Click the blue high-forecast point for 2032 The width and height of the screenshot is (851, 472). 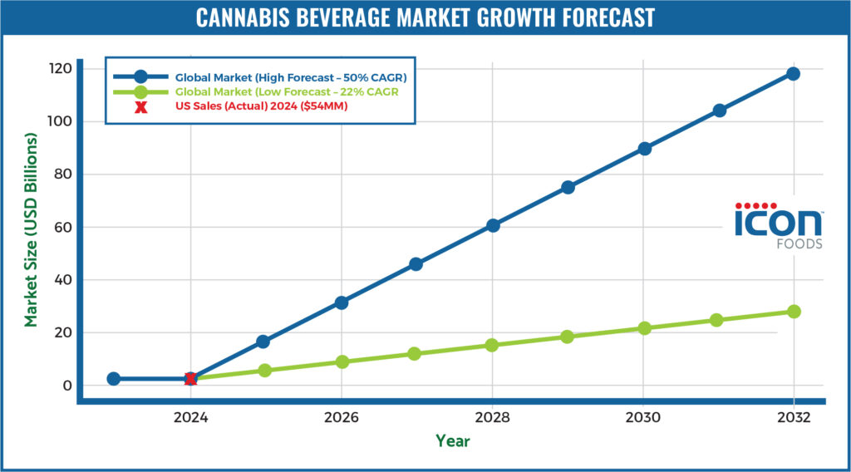click(793, 74)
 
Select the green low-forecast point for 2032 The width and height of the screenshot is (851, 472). click(794, 312)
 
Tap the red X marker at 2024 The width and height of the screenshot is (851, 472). click(190, 379)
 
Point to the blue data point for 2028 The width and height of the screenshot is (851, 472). click(492, 225)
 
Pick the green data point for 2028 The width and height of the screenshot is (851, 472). click(492, 345)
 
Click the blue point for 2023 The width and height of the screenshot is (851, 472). click(114, 379)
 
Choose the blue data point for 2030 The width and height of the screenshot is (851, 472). click(644, 149)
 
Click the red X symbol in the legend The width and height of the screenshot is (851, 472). click(141, 107)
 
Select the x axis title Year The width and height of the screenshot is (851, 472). click(453, 441)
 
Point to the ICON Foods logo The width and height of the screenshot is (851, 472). click(778, 225)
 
